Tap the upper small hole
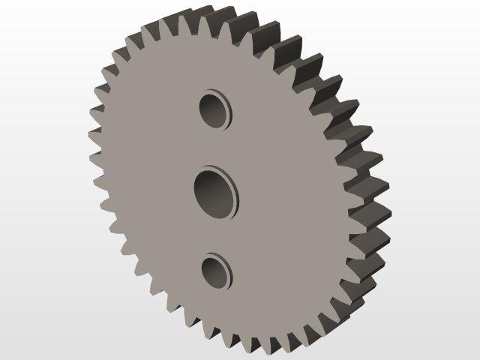pyautogui.click(x=213, y=110)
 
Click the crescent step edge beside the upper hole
pyautogui.click(x=229, y=111)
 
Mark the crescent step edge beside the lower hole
pyautogui.click(x=229, y=274)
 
